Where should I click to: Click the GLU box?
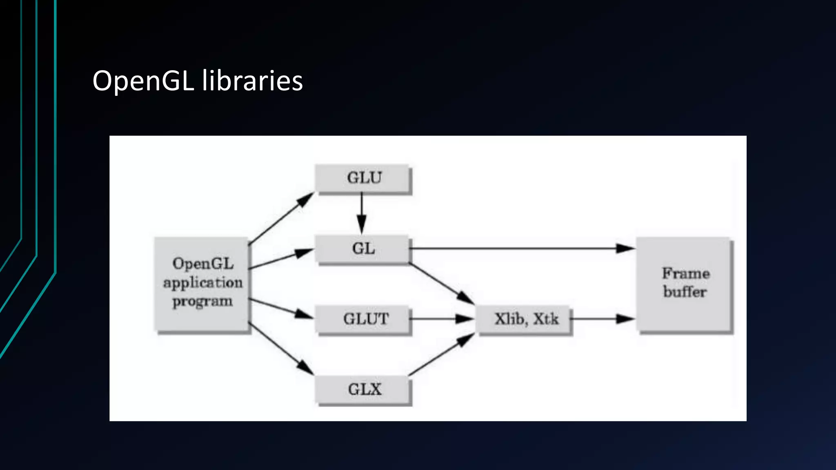(363, 178)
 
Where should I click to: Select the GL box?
(362, 248)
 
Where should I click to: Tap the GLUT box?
(362, 319)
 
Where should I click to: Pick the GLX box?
(362, 389)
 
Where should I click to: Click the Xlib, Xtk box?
(525, 319)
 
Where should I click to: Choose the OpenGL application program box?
(202, 283)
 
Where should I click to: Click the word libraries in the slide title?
(252, 80)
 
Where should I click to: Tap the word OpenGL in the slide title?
(143, 80)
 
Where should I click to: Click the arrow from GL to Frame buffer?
(522, 248)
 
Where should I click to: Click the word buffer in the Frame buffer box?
(685, 292)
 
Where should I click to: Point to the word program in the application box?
(202, 302)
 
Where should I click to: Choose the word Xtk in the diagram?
(546, 319)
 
